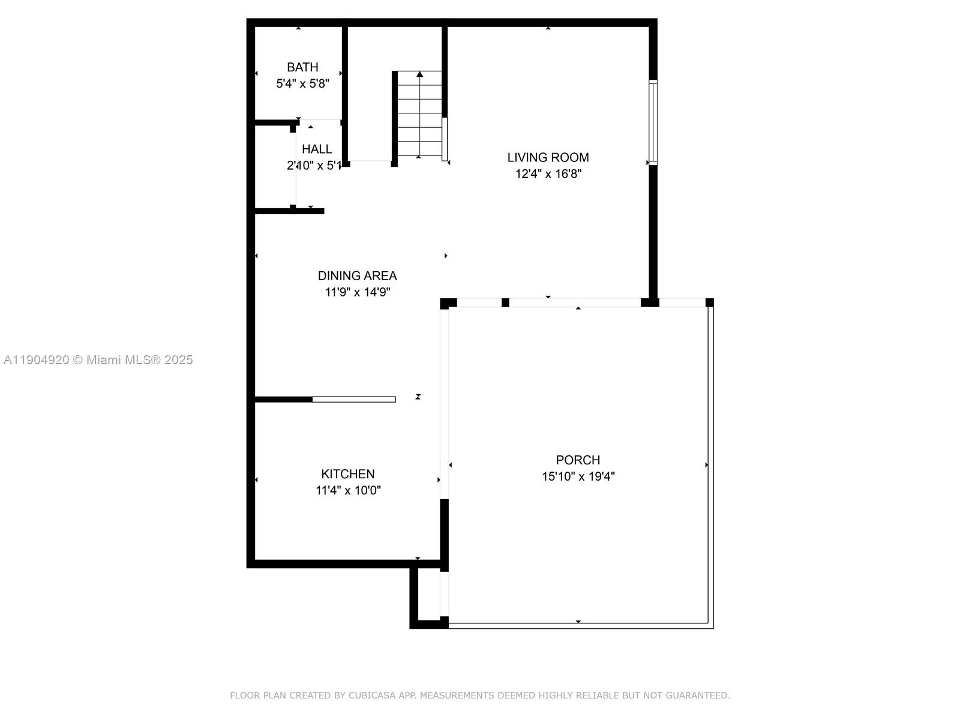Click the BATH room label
point(302,67)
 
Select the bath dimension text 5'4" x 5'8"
point(302,83)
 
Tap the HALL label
point(317,149)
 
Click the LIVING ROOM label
point(548,157)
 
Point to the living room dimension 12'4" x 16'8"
point(548,174)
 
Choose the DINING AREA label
point(357,275)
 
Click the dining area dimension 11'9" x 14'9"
point(357,292)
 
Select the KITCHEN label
point(347,474)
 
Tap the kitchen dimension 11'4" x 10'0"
point(348,490)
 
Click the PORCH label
point(578,460)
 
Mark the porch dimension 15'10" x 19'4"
point(578,476)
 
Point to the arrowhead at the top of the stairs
point(420,74)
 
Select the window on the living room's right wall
point(653,122)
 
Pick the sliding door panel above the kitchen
point(354,399)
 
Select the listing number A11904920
point(36,360)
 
